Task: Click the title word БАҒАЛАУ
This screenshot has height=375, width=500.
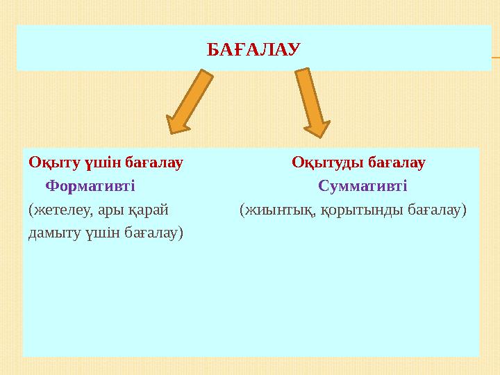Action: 253,49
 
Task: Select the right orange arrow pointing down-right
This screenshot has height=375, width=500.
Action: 312,101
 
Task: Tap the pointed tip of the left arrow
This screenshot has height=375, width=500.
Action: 171,131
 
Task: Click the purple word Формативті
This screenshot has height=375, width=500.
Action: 90,186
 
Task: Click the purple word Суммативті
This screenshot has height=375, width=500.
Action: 362,186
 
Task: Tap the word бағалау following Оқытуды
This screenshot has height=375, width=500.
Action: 396,163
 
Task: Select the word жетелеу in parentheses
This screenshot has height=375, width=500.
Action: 59,209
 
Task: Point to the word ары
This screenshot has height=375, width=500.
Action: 111,209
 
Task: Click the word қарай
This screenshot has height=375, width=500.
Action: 150,209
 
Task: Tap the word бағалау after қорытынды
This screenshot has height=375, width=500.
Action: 435,209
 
